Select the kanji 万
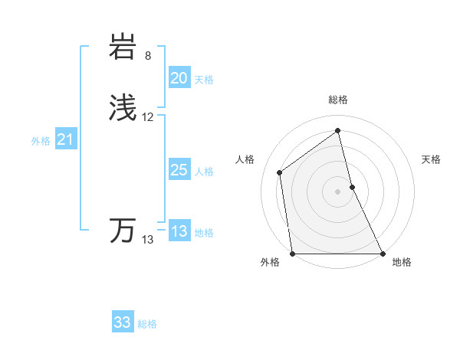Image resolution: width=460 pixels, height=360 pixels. pyautogui.click(x=123, y=230)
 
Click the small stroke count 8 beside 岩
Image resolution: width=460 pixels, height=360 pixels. pyautogui.click(x=148, y=56)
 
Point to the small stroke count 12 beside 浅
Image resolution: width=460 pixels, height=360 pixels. pyautogui.click(x=148, y=117)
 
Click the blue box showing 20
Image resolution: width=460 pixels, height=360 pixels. pyautogui.click(x=179, y=78)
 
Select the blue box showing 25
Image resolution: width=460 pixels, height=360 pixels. pyautogui.click(x=179, y=170)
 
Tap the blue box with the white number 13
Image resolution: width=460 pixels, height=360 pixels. pyautogui.click(x=179, y=231)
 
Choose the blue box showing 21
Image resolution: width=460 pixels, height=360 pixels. pyautogui.click(x=65, y=139)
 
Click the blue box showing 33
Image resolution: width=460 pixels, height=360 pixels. pyautogui.click(x=122, y=322)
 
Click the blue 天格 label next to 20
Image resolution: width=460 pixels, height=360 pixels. pyautogui.click(x=204, y=80)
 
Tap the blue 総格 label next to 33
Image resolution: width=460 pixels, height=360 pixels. pyautogui.click(x=147, y=324)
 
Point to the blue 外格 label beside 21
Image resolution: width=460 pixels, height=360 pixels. pyautogui.click(x=41, y=141)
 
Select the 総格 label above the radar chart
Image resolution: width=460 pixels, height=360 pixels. pyautogui.click(x=338, y=100)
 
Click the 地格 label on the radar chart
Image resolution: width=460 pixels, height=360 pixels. pyautogui.click(x=402, y=263)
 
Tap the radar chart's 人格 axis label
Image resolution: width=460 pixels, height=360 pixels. pyautogui.click(x=245, y=159)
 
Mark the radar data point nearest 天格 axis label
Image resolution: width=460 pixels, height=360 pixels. pyautogui.click(x=352, y=187)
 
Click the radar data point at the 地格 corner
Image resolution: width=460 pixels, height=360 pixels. pyautogui.click(x=382, y=254)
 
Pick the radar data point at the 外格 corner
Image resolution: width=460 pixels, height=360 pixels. pyautogui.click(x=293, y=254)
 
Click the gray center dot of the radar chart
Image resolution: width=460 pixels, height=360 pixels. pyautogui.click(x=338, y=191)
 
